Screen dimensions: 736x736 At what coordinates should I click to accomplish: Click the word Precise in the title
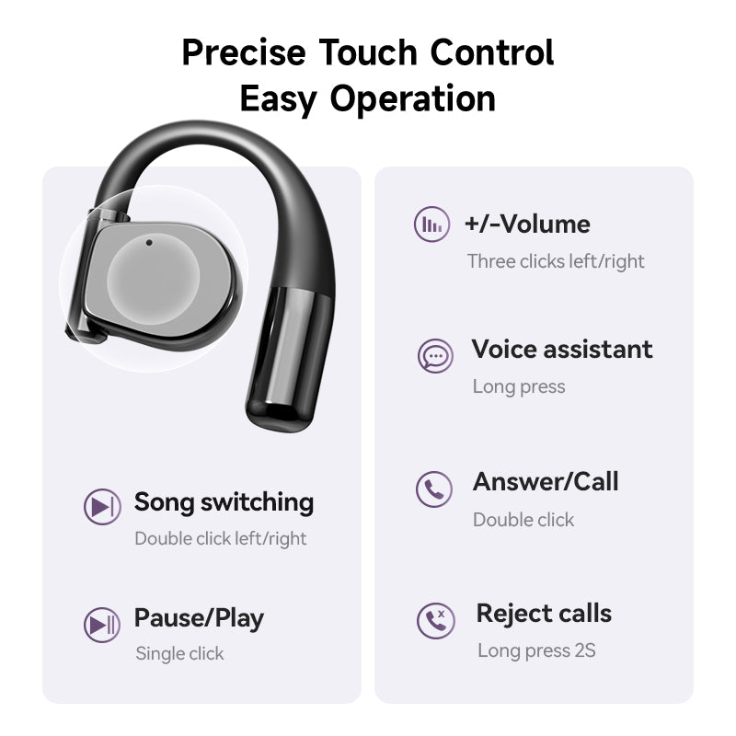[243, 52]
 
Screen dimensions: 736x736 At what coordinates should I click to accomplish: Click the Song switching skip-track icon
[101, 507]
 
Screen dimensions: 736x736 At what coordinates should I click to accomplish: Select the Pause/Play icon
[101, 625]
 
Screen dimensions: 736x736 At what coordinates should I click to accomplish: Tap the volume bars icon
[431, 224]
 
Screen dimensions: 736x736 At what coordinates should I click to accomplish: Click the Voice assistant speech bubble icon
[434, 355]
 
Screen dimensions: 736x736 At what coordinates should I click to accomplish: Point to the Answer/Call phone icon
[434, 489]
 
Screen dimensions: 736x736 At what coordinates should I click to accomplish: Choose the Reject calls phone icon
[435, 621]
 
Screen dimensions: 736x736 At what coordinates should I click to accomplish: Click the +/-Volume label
[527, 224]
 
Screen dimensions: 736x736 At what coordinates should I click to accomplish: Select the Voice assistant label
[562, 350]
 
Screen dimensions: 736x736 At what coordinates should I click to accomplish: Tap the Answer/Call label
[546, 482]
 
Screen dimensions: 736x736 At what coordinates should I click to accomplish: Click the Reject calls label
[544, 614]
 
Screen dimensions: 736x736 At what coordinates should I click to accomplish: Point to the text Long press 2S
[536, 651]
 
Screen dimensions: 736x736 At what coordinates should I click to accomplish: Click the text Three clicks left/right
[556, 261]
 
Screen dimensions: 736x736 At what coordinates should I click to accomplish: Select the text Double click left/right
[221, 539]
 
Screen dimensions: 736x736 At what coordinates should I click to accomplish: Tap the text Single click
[179, 654]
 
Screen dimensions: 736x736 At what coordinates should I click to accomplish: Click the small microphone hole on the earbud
[149, 244]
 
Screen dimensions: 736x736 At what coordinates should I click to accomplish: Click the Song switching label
[224, 502]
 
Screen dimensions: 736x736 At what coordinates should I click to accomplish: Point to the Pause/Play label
[199, 618]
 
